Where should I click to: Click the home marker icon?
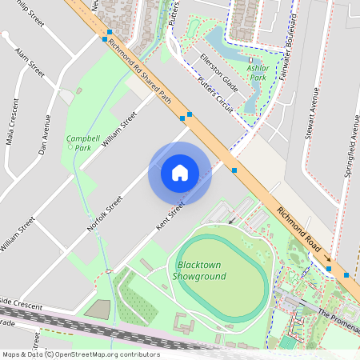pyautogui.click(x=180, y=173)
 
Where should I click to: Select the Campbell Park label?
pyautogui.click(x=83, y=142)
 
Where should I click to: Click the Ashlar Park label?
pyautogui.click(x=257, y=74)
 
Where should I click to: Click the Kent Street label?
pyautogui.click(x=170, y=218)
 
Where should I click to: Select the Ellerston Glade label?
pyautogui.click(x=219, y=72)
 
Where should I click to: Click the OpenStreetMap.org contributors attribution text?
pyautogui.click(x=109, y=354)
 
